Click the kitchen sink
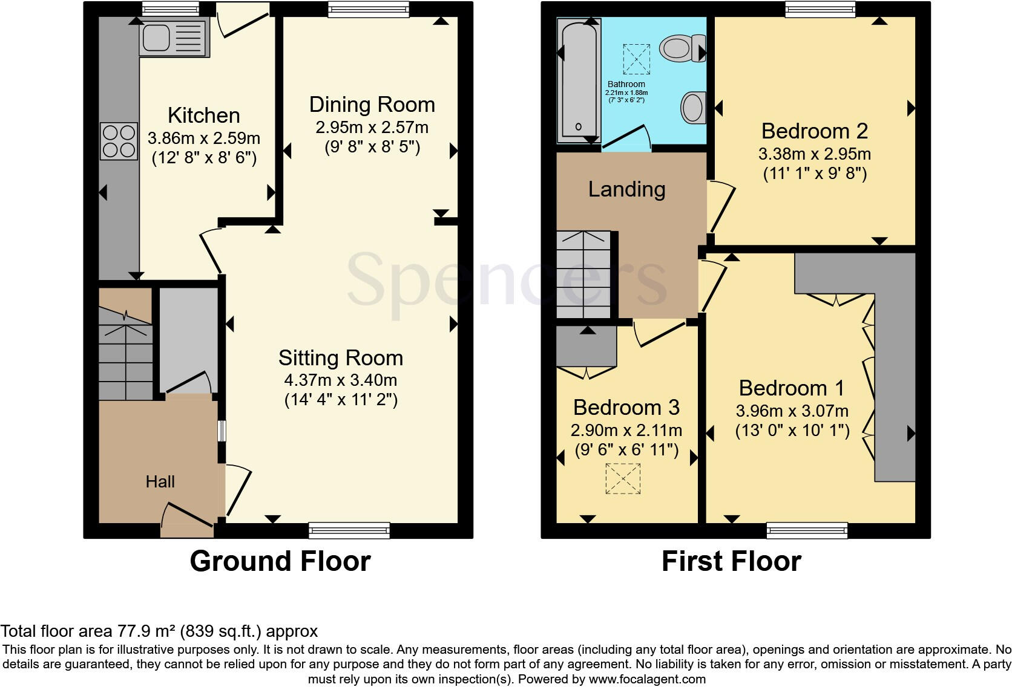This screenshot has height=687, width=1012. click(174, 37)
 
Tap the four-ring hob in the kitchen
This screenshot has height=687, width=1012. click(119, 141)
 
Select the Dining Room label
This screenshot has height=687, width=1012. click(372, 105)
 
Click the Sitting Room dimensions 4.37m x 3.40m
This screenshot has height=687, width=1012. click(340, 380)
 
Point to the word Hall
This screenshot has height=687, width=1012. click(160, 481)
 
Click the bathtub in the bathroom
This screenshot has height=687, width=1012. click(578, 79)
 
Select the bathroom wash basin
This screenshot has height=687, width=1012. click(694, 108)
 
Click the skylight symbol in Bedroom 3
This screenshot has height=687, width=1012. click(623, 478)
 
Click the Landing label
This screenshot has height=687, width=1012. click(626, 189)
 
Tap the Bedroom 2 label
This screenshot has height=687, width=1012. click(814, 131)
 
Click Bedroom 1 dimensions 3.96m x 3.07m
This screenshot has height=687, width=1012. click(792, 411)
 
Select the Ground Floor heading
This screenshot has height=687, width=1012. click(280, 561)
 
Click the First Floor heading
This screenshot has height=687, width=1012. click(731, 561)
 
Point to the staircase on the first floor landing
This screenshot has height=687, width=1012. click(584, 275)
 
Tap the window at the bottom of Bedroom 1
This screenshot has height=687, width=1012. click(807, 530)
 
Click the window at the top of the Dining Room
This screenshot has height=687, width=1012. click(369, 9)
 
